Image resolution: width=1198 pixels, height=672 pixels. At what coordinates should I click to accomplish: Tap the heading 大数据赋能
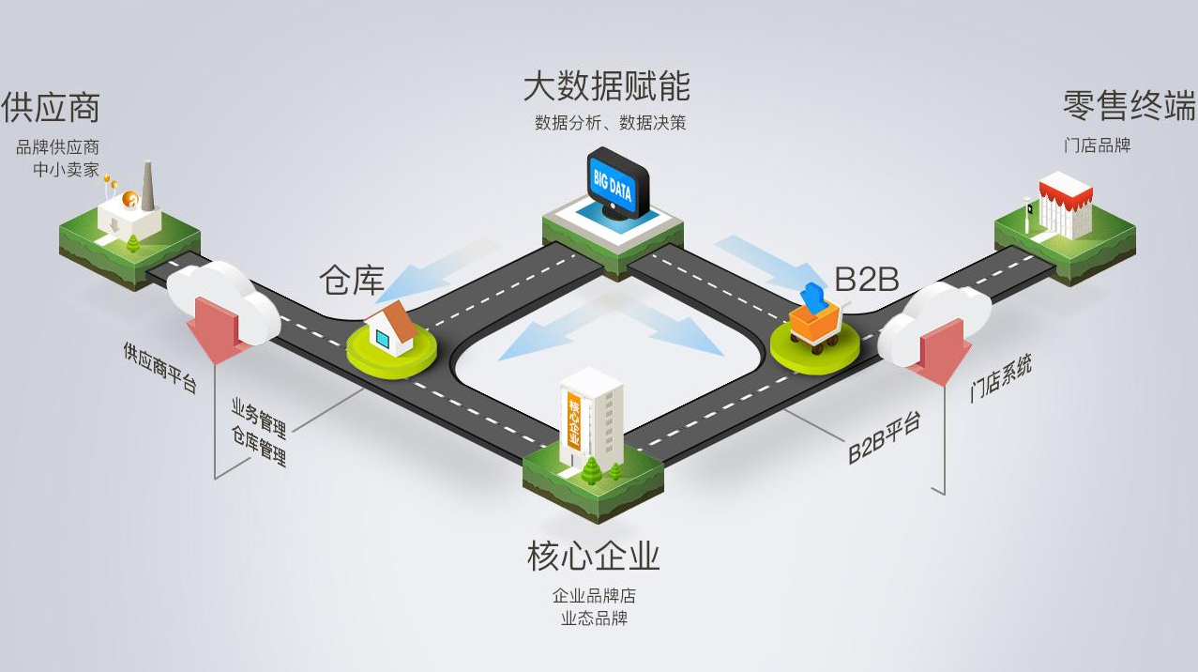pyautogui.click(x=606, y=85)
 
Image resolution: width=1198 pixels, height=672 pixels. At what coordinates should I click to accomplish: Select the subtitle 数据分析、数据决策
pyautogui.click(x=610, y=123)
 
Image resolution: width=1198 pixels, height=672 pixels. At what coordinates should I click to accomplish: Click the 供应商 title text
pyautogui.click(x=51, y=107)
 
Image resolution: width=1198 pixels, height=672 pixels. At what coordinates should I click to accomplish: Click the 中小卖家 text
pyautogui.click(x=67, y=170)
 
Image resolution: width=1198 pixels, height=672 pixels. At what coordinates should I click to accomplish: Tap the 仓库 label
pyautogui.click(x=352, y=280)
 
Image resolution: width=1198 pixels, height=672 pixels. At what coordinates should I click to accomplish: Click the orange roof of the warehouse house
pyautogui.click(x=395, y=319)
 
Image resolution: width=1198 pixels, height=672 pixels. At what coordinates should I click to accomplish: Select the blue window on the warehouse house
pyautogui.click(x=383, y=338)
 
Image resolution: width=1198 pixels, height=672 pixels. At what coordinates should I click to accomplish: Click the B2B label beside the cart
pyautogui.click(x=867, y=280)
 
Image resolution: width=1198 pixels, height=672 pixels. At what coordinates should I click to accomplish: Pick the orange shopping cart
pyautogui.click(x=814, y=325)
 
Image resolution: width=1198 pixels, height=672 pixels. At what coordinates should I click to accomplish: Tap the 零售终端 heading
pyautogui.click(x=1129, y=106)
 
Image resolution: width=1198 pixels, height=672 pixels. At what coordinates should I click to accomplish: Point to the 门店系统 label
pyautogui.click(x=1001, y=378)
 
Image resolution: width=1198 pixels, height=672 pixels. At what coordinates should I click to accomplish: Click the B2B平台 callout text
pyautogui.click(x=884, y=437)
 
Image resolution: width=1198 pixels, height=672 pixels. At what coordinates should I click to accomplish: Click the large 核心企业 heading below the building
pyautogui.click(x=593, y=557)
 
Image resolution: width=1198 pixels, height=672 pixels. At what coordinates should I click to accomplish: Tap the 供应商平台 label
pyautogui.click(x=159, y=368)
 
